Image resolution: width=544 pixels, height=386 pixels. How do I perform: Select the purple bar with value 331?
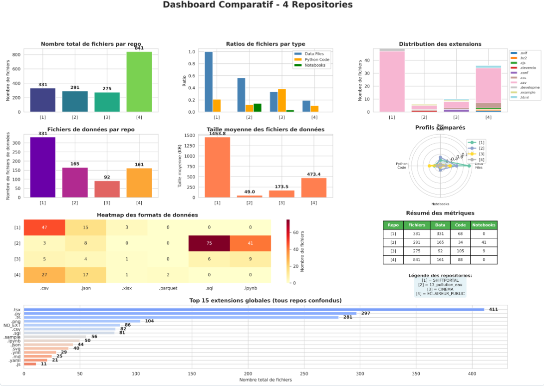42,167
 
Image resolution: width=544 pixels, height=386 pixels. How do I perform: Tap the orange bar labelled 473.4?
314,188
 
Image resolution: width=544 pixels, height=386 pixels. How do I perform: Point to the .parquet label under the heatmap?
168,288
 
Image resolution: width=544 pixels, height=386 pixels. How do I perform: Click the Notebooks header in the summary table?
484,225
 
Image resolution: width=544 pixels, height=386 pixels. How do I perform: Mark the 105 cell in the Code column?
460,251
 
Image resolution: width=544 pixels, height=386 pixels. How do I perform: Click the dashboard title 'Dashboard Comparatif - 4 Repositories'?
258,5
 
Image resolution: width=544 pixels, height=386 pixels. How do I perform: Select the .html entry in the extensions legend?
524,97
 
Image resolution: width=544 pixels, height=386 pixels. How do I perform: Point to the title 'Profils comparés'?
440,128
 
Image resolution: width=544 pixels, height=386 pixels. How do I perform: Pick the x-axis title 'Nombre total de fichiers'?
266,380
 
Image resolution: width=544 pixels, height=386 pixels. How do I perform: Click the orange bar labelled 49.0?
249,196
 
